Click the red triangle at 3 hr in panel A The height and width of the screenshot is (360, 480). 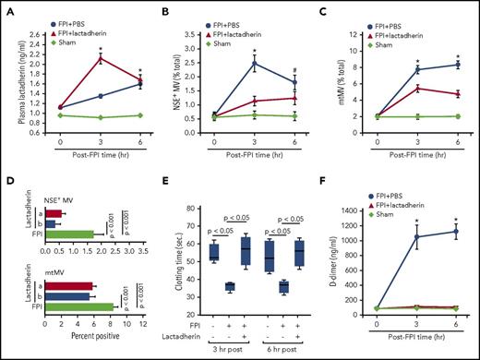(x=100, y=59)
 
